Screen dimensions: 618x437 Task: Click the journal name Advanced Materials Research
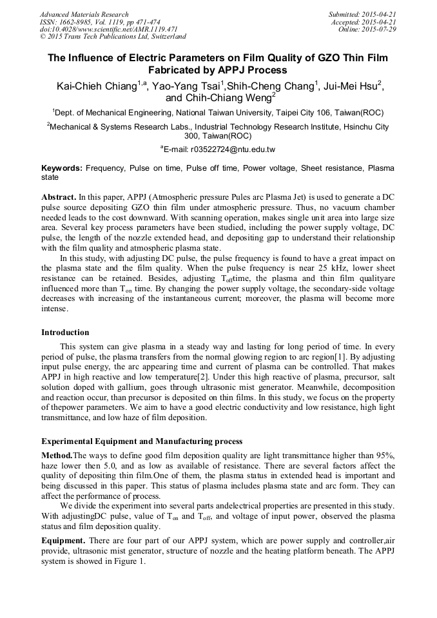[84, 14]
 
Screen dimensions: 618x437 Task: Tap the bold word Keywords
[62, 168]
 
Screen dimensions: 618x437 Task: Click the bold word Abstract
[59, 195]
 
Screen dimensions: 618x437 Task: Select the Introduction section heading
[65, 333]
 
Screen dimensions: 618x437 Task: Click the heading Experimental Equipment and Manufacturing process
[142, 441]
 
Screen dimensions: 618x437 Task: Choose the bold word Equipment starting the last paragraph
[63, 539]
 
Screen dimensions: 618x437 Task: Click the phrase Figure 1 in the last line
[128, 560]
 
